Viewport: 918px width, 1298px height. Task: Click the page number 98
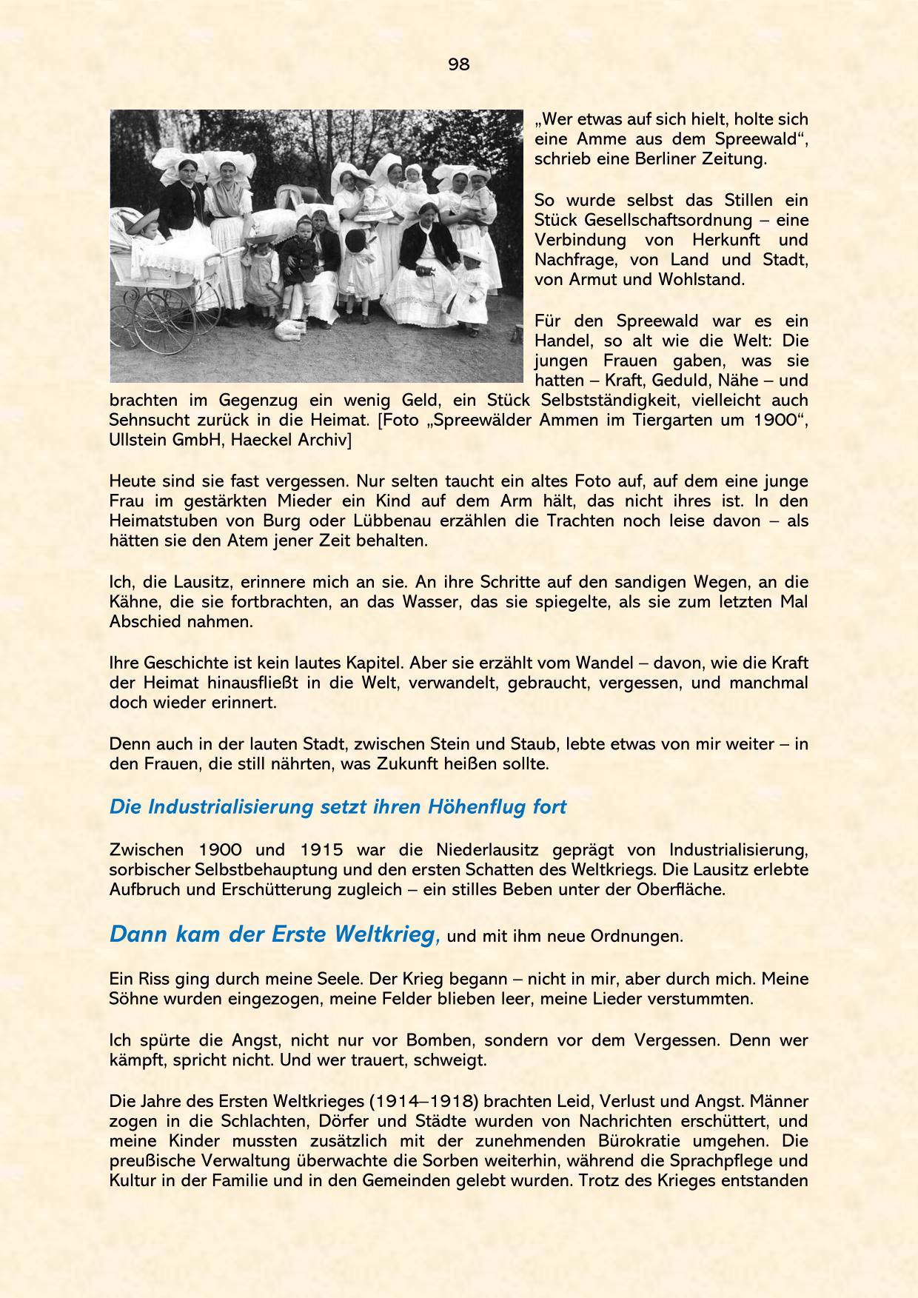(458, 64)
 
